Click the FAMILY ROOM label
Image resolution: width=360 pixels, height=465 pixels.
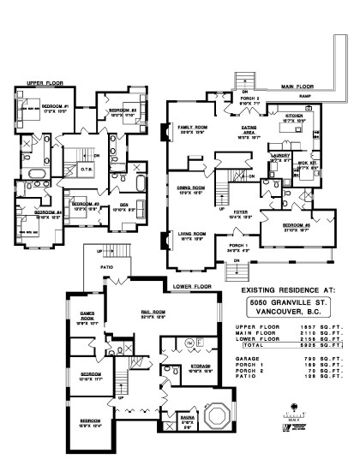tap(193, 126)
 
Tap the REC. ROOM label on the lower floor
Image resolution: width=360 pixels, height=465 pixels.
tap(153, 312)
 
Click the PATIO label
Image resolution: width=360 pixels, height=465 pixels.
tap(106, 266)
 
